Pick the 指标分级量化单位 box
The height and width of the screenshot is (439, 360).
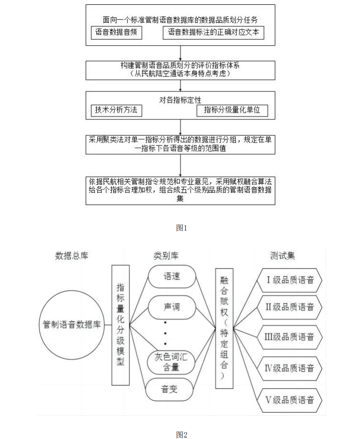click(x=232, y=110)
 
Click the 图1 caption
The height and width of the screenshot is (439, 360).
click(x=180, y=228)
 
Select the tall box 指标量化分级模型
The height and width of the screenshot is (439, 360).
click(x=120, y=325)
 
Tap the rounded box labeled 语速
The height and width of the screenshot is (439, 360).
click(x=171, y=277)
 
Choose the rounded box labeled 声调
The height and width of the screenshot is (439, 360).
click(x=171, y=307)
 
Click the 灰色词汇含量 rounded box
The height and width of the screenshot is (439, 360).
click(x=171, y=362)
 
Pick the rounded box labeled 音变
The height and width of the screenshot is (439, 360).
click(x=171, y=389)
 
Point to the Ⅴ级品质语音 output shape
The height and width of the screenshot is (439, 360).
click(x=290, y=400)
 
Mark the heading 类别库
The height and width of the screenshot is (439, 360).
click(x=166, y=255)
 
